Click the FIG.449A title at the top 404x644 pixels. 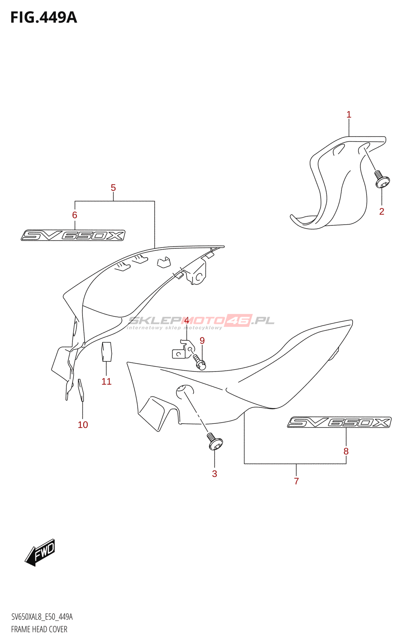(43, 18)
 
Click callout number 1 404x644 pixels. (349, 115)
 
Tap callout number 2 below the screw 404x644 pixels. (381, 211)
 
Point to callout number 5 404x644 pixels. (113, 188)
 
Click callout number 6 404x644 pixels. (74, 215)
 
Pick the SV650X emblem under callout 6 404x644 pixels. (73, 235)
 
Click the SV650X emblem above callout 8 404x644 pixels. (339, 422)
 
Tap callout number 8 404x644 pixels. (346, 452)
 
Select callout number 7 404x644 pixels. (297, 481)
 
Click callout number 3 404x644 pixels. (214, 474)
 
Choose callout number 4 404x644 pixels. (186, 321)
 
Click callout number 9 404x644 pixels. (202, 341)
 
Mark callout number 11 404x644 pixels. (106, 382)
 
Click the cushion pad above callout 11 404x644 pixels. (106, 352)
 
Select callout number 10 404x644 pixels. (82, 425)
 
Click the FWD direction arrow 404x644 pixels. (40, 552)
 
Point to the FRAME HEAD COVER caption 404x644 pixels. (39, 630)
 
